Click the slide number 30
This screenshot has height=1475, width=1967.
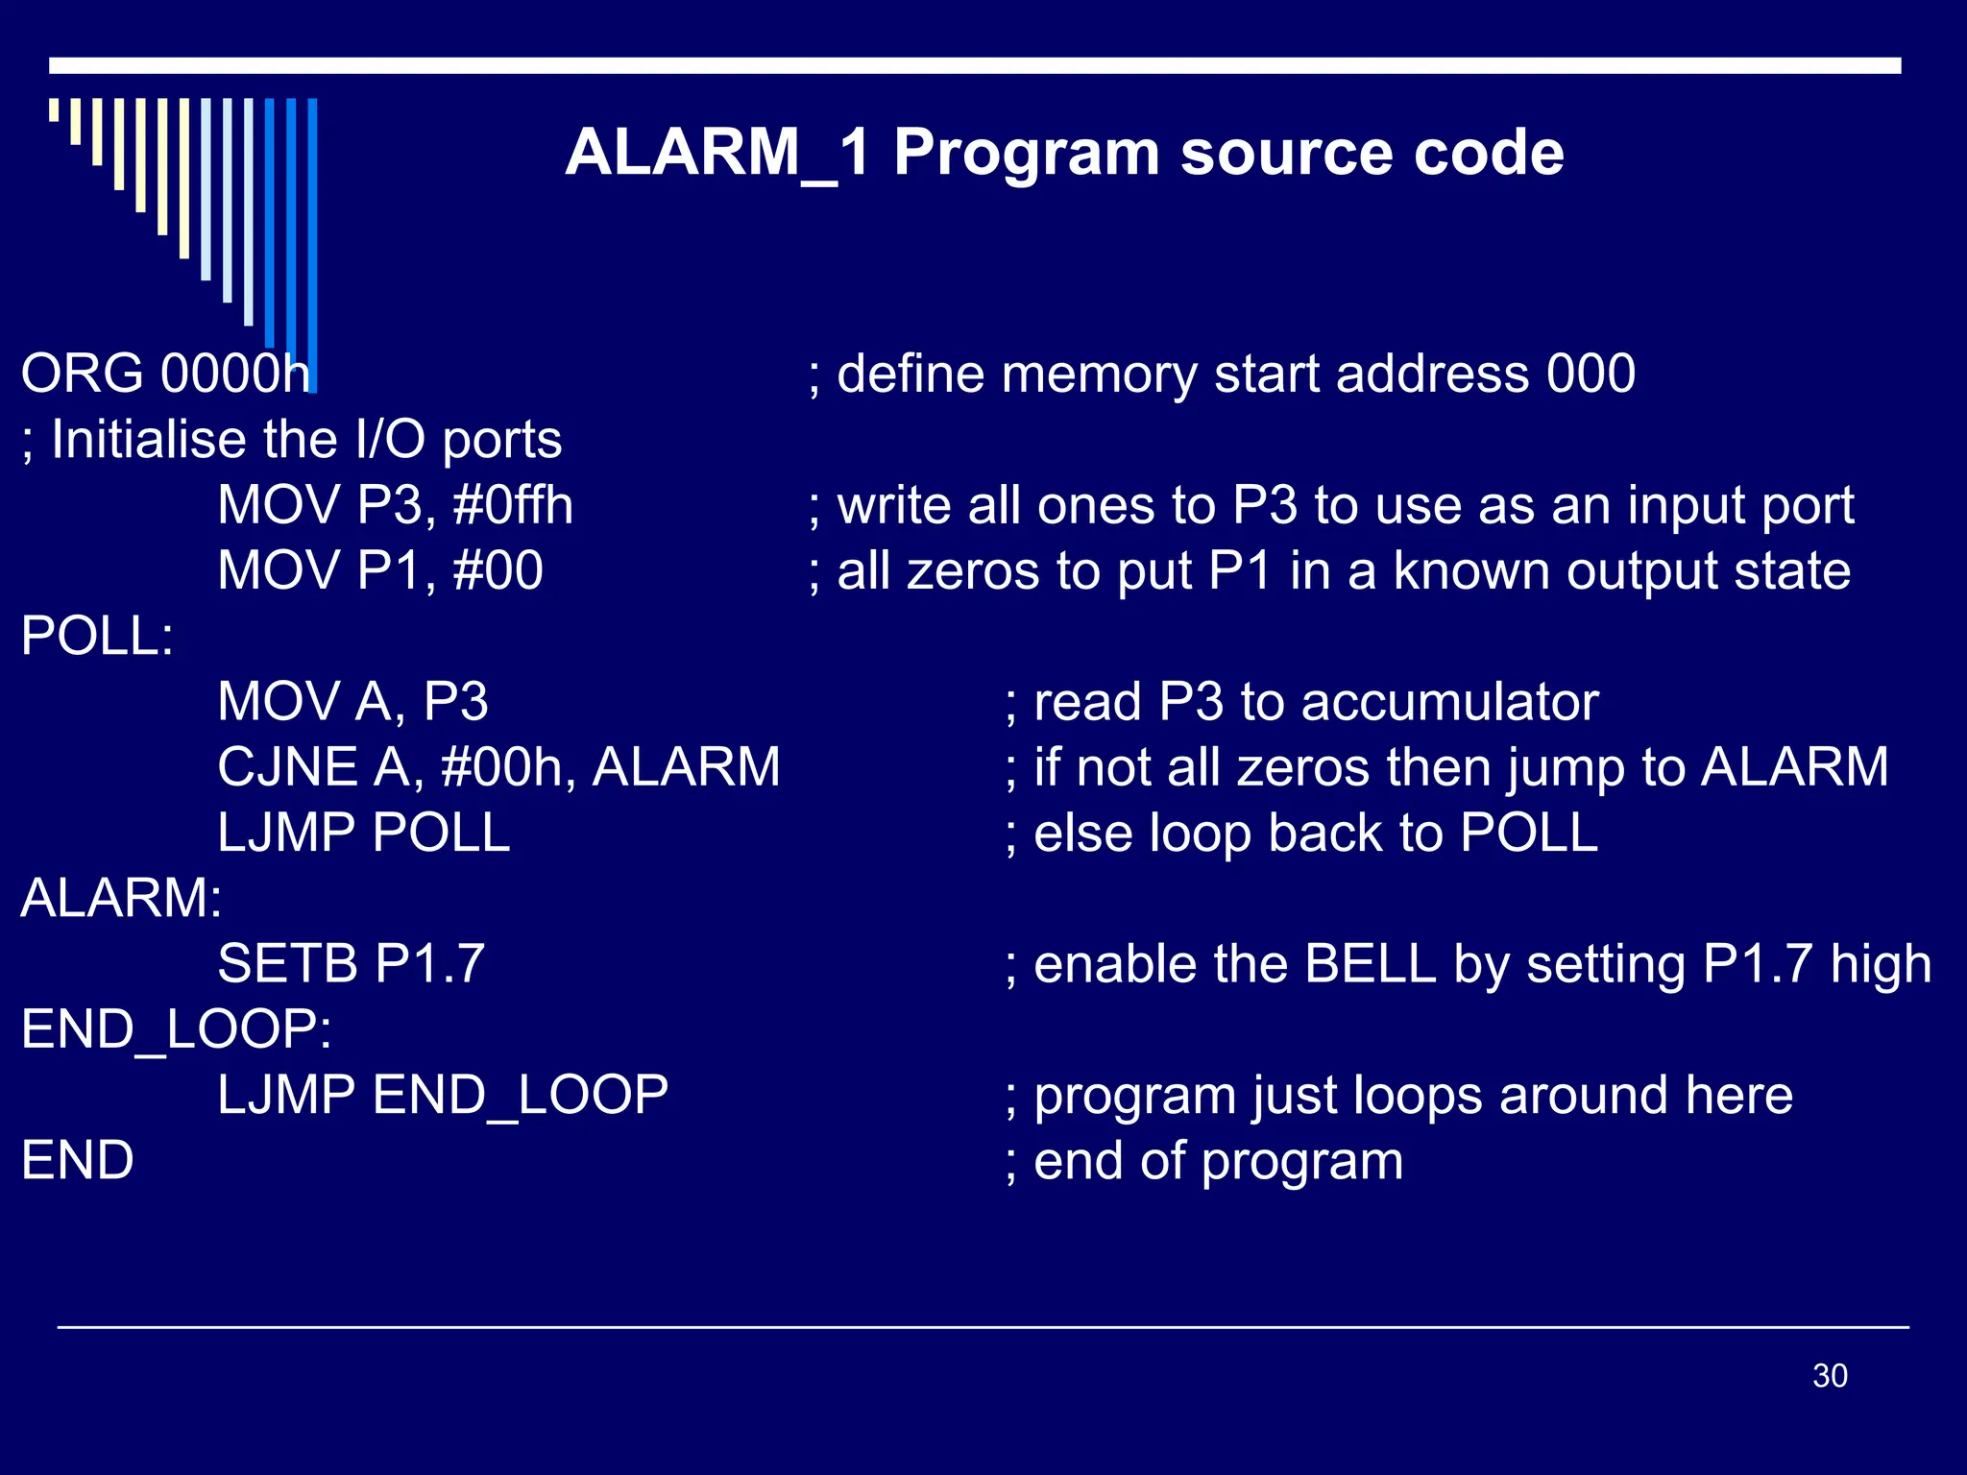click(x=1829, y=1375)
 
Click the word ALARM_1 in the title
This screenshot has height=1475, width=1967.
click(x=716, y=154)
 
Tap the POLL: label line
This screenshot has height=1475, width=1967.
click(x=97, y=636)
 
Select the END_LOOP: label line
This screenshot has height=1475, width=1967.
click(x=176, y=1029)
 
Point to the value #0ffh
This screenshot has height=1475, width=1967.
click(x=513, y=505)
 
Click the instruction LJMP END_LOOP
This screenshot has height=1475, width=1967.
click(x=442, y=1095)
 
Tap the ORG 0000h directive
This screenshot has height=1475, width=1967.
click(x=165, y=374)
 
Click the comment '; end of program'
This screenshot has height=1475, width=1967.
click(x=1203, y=1161)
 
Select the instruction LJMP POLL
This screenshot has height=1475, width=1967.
click(x=363, y=833)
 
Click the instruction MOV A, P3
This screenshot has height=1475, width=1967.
click(x=352, y=702)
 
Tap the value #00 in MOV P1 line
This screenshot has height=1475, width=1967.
click(x=498, y=570)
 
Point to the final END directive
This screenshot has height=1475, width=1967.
click(x=77, y=1161)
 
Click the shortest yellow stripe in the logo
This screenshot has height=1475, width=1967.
click(x=54, y=109)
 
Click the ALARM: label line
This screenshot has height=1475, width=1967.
click(x=121, y=899)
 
